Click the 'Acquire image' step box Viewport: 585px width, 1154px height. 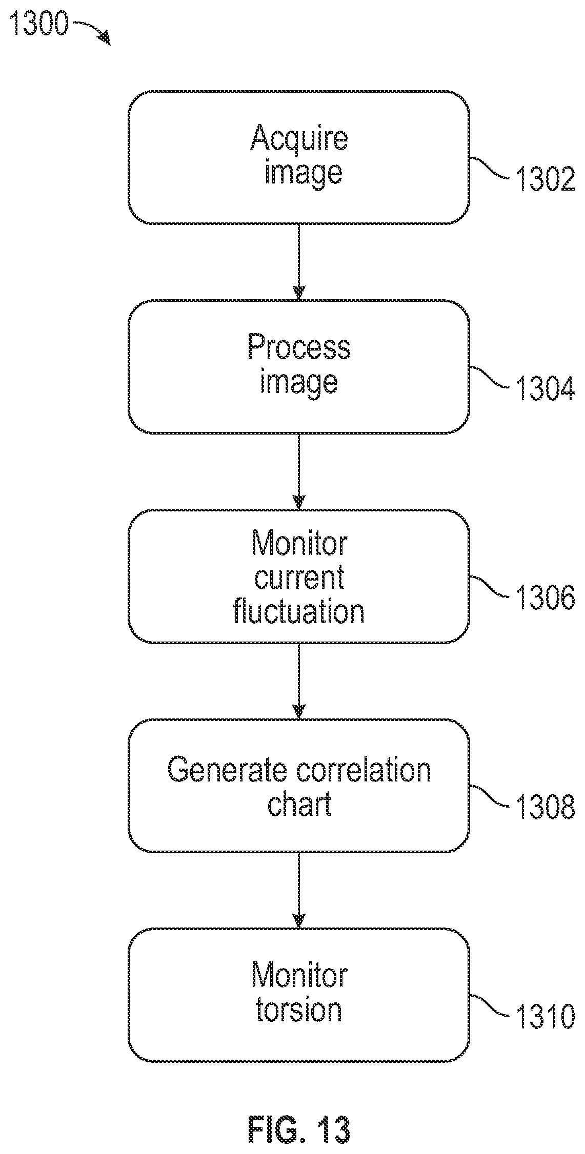pos(298,158)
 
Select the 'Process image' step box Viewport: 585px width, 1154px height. pos(298,367)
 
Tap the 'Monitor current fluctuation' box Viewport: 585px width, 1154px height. pos(298,576)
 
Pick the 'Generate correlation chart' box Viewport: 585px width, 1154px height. pos(298,786)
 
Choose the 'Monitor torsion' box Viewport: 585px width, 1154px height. pos(298,995)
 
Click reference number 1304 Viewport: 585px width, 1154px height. pos(544,389)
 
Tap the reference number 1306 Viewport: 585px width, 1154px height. pos(544,599)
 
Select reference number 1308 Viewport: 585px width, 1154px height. pos(544,808)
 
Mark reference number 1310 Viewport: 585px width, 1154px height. pos(544,1017)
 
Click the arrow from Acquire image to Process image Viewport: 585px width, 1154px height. pos(298,262)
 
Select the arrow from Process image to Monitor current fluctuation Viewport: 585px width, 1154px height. pos(298,471)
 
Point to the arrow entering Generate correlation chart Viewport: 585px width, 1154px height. pos(298,681)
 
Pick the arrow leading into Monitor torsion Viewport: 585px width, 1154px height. pos(298,890)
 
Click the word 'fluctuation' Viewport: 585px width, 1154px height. pos(299,611)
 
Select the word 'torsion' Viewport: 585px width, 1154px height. pos(299,1010)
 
